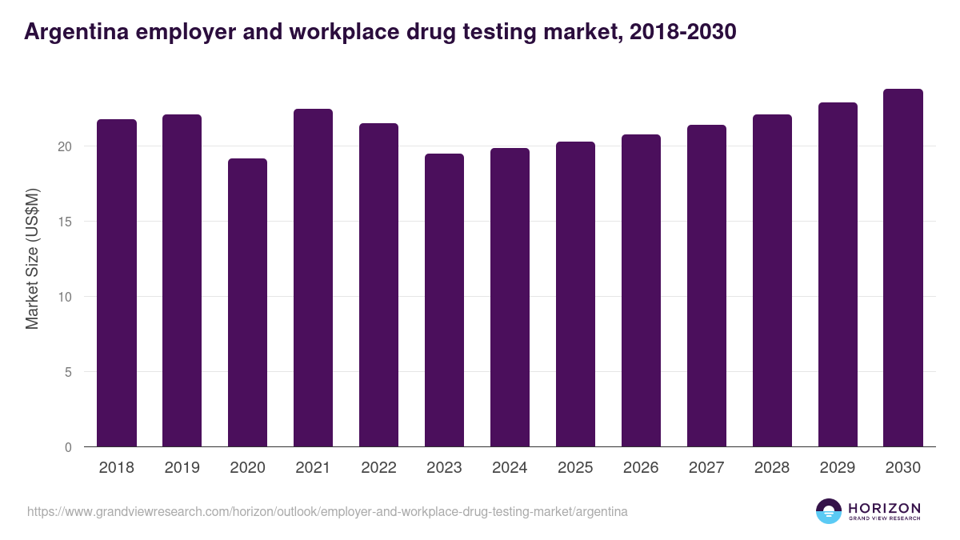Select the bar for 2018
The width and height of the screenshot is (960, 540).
[x=117, y=283]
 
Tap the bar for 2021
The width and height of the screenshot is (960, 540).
[x=314, y=278]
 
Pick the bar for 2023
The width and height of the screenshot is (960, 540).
[x=445, y=300]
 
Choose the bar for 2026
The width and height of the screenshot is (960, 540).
[x=642, y=290]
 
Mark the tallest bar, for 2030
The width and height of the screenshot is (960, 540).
[x=903, y=268]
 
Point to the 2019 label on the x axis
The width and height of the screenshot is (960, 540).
[x=182, y=468]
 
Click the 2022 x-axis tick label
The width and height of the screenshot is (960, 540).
[x=379, y=468]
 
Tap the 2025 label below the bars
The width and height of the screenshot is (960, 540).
[x=576, y=468]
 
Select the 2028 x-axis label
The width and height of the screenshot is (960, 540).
[x=773, y=468]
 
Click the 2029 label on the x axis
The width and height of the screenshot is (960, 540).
[x=838, y=468]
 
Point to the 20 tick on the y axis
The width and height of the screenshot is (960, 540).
[x=65, y=146]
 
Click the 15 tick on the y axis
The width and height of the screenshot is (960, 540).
[x=65, y=222]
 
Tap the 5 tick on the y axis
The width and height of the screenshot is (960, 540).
[x=69, y=372]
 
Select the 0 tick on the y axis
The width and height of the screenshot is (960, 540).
[x=69, y=447]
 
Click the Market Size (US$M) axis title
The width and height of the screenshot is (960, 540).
[x=32, y=258]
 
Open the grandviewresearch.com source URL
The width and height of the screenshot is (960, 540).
[x=327, y=511]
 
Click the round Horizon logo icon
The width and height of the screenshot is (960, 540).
[x=829, y=511]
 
